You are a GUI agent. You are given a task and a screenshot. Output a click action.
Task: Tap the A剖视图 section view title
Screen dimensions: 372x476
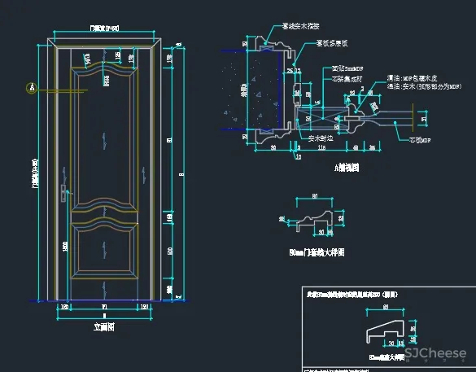(x=347, y=168)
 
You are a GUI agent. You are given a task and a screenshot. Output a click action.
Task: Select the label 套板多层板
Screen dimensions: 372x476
(x=332, y=42)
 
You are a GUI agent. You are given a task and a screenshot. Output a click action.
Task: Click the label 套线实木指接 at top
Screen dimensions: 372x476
(x=300, y=26)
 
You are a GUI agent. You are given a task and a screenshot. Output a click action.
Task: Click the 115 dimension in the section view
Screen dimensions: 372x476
(x=322, y=148)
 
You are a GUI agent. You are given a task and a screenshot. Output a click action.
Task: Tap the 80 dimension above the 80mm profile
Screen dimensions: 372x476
(x=315, y=197)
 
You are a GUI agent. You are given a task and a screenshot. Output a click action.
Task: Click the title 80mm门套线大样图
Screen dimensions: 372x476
(x=317, y=253)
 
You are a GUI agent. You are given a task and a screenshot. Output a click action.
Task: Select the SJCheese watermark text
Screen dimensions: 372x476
(x=435, y=354)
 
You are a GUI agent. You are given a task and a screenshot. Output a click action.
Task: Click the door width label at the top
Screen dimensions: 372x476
(x=104, y=28)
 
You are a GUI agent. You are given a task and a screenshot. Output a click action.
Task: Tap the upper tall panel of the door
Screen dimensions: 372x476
(x=103, y=138)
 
